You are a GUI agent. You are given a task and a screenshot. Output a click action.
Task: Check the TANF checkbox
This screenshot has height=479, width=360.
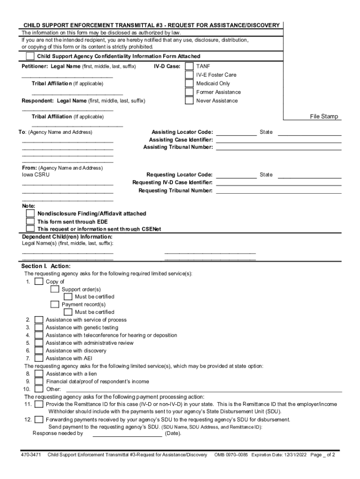(x=189, y=66)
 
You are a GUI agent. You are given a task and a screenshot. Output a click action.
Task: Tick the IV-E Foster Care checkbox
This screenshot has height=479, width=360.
(x=189, y=75)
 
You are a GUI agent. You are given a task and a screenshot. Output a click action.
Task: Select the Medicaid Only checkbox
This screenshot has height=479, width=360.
(x=189, y=84)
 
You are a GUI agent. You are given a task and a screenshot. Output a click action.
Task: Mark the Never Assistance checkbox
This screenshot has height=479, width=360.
(x=189, y=101)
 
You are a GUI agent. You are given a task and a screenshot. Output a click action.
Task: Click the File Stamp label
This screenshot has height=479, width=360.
(x=324, y=116)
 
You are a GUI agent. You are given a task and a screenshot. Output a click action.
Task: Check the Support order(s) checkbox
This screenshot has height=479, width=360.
(x=55, y=289)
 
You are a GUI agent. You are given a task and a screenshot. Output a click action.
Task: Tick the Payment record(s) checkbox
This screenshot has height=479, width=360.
(x=55, y=304)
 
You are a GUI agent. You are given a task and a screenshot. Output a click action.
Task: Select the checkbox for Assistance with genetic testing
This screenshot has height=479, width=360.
(x=39, y=327)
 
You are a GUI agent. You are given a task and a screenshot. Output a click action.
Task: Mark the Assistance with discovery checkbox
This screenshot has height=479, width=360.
(x=39, y=350)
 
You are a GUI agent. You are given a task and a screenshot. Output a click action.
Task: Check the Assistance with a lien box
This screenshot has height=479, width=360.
(x=39, y=374)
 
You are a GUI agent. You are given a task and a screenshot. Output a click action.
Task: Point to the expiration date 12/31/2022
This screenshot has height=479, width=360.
(x=293, y=455)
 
